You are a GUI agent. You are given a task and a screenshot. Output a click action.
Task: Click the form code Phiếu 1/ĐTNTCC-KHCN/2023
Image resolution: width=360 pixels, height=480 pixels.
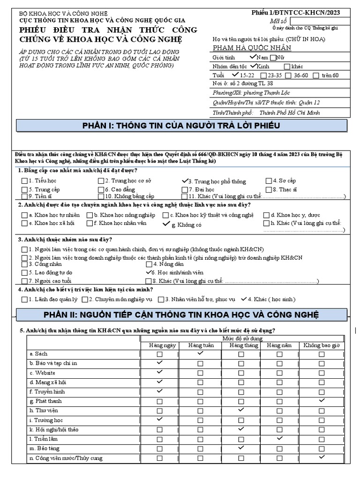295,13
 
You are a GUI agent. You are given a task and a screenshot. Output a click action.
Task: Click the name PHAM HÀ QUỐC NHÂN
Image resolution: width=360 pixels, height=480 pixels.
252,48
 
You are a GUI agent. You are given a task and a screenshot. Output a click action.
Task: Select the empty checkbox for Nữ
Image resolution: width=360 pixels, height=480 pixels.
273,58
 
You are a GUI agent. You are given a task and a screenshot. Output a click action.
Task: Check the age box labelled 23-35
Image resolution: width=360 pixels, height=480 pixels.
264,75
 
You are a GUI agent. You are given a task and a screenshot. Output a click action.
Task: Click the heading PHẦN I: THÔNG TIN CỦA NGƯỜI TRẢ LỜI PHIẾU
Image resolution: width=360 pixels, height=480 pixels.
181,126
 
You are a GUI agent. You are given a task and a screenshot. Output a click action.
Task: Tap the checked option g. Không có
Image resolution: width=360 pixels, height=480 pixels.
166,224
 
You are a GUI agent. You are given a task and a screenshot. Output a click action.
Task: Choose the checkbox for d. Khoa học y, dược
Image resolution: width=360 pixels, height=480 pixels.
267,215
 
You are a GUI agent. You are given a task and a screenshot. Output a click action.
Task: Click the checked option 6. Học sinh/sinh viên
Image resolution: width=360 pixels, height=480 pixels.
150,272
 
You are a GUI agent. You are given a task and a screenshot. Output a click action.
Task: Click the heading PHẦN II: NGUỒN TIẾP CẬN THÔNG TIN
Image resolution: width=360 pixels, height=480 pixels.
181,314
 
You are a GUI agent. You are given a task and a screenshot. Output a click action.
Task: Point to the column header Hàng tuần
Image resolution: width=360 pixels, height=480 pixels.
201,345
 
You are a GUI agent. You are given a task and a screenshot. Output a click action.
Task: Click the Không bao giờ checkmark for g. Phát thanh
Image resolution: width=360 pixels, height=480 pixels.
321,401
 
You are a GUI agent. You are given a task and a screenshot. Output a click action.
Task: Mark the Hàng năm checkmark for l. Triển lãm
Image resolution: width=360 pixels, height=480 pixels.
279,438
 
